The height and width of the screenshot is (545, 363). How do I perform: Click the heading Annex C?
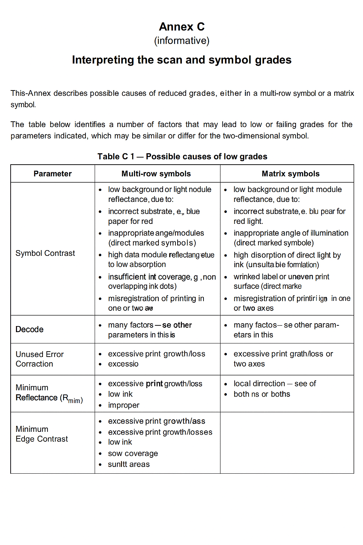click(x=181, y=27)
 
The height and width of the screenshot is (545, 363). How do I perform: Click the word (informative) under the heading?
click(x=181, y=41)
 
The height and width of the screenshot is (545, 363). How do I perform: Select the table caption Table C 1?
click(x=116, y=156)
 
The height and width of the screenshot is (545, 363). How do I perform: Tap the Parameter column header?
click(x=52, y=174)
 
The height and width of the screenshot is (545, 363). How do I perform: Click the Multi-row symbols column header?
click(x=156, y=174)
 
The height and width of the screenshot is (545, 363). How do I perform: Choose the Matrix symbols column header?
click(x=290, y=174)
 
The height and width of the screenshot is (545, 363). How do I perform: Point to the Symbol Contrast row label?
click(x=45, y=253)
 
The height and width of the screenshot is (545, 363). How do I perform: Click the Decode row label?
click(x=29, y=329)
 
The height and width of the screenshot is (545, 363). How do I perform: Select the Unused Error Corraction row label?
click(x=39, y=359)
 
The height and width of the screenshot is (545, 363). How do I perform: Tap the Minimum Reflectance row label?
click(x=49, y=393)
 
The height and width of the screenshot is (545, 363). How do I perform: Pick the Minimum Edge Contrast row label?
click(x=41, y=434)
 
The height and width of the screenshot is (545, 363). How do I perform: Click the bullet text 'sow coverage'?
click(x=133, y=453)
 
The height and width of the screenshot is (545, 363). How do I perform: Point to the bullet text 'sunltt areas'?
click(x=129, y=464)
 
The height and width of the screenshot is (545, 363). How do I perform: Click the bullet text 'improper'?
click(x=124, y=405)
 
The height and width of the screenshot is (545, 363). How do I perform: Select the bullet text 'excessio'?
click(x=123, y=364)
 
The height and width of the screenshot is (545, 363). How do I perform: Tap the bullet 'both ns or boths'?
click(x=262, y=394)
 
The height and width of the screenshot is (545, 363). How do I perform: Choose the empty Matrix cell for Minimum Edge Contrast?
click(x=287, y=442)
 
